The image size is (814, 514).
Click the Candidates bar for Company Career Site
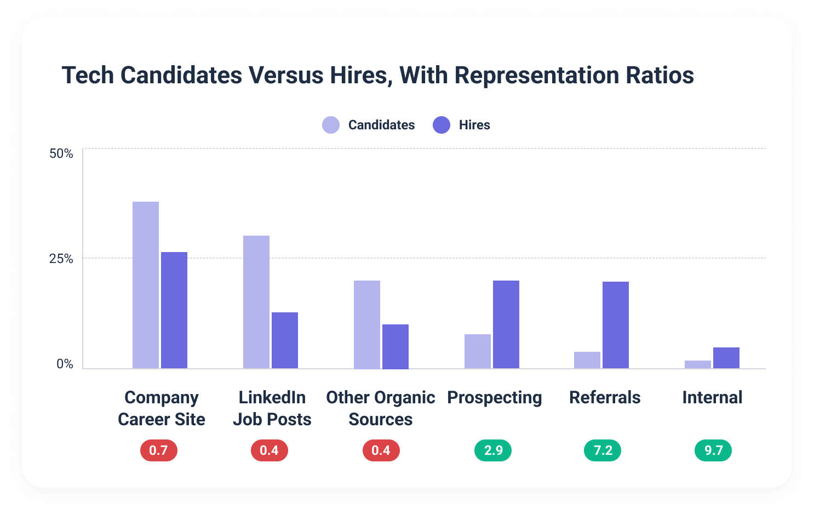pos(146,285)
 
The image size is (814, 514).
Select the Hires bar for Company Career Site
pos(174,310)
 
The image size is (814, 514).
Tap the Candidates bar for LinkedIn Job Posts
pos(256,302)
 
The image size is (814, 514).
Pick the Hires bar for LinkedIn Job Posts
pos(285,340)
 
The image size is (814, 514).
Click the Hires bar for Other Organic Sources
pos(395,346)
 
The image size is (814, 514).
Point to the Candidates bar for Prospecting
pos(478,351)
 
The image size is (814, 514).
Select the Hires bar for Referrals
pos(616,325)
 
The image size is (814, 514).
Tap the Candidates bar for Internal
pos(698,364)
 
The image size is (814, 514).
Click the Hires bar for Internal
pos(726,358)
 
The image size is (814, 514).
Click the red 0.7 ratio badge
pos(159,450)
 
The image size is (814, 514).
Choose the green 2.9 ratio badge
pos(493,450)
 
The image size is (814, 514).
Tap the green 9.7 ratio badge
pos(713,450)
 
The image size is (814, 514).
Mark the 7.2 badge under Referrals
pos(603,450)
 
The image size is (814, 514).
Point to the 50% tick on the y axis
pos(61,153)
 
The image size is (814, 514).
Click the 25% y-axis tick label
pos(61,259)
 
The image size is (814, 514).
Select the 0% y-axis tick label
pos(65,364)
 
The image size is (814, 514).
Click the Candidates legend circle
pos(331,125)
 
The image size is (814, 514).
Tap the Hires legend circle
pos(442,125)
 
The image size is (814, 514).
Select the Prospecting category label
pos(495,397)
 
